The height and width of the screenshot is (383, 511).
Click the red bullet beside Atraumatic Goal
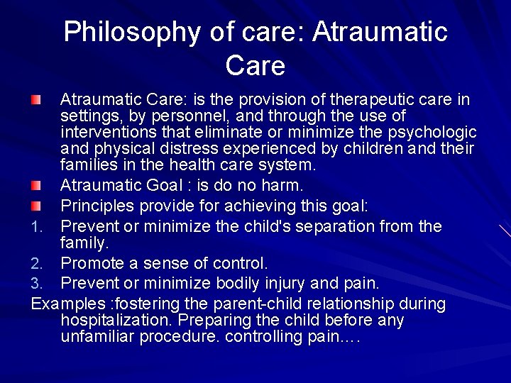tap(37, 185)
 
